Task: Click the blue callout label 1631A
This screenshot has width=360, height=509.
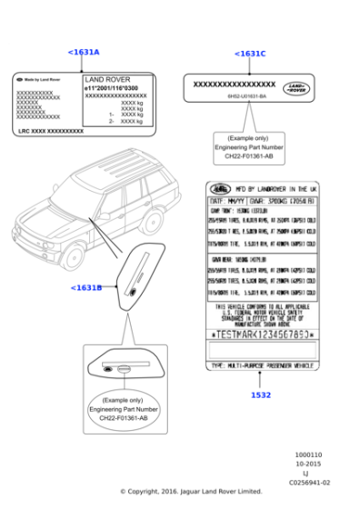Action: coord(84,52)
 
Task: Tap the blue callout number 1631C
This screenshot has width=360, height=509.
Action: coord(249,54)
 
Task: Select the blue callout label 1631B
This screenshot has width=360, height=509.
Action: coord(85,288)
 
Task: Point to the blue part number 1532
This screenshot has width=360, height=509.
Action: coord(260,395)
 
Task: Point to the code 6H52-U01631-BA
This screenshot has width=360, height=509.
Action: coord(246,96)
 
